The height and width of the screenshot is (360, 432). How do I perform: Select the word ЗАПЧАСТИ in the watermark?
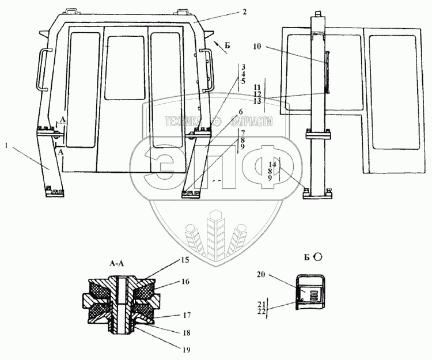[251, 122]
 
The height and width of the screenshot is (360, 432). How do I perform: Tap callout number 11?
[257, 86]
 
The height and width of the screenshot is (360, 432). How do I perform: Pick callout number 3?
[244, 67]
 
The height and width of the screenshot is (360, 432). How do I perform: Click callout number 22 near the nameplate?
[261, 311]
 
